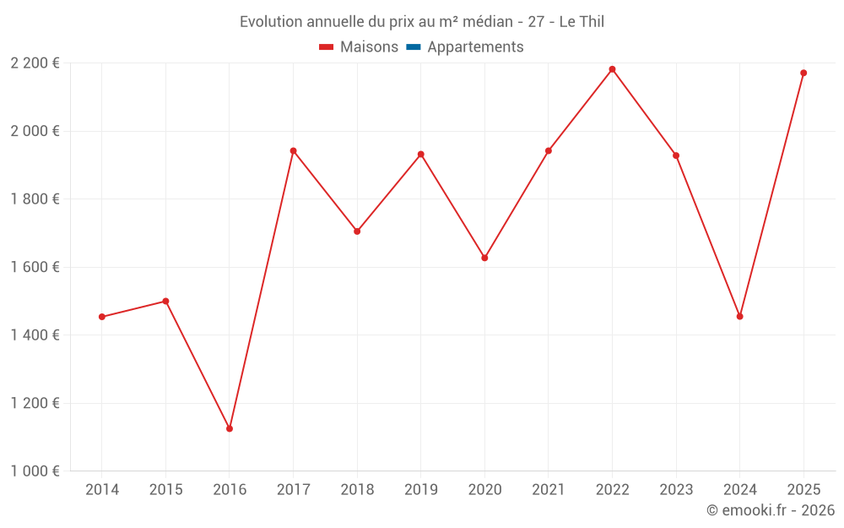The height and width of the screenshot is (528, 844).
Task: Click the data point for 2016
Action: pos(230,428)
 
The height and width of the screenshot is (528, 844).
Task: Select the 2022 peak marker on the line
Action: pos(612,69)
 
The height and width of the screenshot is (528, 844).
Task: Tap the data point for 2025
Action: pos(803,73)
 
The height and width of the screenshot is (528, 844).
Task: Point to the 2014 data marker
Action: pos(102,317)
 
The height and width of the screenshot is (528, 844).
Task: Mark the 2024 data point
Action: pos(739,316)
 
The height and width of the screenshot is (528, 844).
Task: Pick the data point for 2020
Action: pos(484,258)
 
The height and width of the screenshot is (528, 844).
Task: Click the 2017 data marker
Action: pos(293,151)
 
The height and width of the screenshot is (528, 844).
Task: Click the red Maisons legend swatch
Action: pos(327,47)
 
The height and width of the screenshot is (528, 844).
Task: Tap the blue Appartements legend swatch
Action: pos(414,47)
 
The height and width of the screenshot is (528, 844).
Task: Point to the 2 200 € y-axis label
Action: pos(35,63)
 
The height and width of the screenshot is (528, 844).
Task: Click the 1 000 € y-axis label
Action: pos(35,471)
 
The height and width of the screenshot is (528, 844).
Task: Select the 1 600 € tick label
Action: pos(35,267)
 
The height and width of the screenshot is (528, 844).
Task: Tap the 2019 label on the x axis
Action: pos(420,490)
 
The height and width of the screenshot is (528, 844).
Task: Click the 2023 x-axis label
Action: pos(676,490)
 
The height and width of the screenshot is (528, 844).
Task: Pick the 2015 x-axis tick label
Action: pos(165,490)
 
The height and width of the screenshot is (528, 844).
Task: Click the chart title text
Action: pos(422,22)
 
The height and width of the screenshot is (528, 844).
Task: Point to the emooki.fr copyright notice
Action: pos(771,510)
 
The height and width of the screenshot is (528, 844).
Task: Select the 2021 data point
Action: pos(549,150)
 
